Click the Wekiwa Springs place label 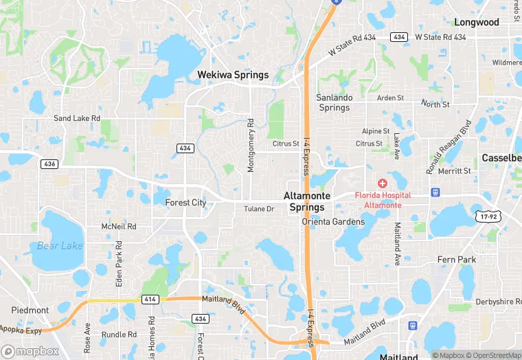(233, 75)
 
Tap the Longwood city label (477, 22)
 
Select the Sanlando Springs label (334, 102)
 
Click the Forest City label (185, 203)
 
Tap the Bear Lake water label (60, 245)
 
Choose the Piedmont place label (30, 311)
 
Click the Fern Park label (457, 260)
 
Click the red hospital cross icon (382, 183)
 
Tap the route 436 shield (49, 164)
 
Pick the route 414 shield (150, 300)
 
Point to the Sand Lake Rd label (77, 118)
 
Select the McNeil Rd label (119, 226)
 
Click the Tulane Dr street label (259, 209)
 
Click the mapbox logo (31, 350)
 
